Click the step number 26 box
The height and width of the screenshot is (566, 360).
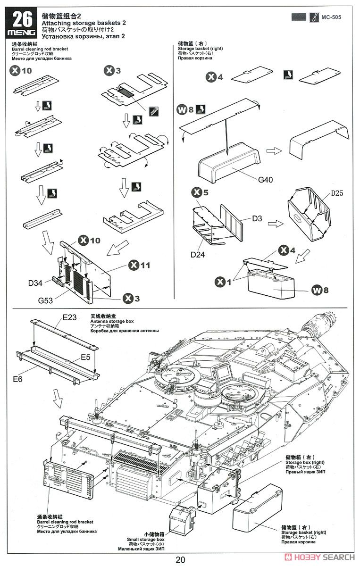pos(22,19)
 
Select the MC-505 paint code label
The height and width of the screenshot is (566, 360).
pos(332,17)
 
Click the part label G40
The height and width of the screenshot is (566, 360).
pos(265,180)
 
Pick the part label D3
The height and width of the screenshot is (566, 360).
pos(257,218)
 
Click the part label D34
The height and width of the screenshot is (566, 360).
pos(36,283)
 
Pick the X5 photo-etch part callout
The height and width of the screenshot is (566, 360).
pos(200,193)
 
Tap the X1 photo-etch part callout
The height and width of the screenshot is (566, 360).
pos(224,282)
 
